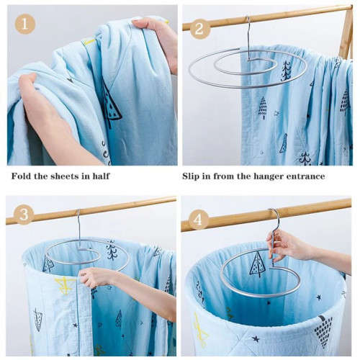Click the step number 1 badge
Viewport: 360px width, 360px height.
point(25,24)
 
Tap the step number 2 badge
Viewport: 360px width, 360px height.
point(200,28)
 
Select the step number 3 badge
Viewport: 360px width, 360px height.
point(24,215)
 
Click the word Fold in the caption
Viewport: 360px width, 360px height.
point(22,176)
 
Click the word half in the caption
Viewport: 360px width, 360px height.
point(99,176)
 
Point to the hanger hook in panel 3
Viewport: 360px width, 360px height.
point(78,223)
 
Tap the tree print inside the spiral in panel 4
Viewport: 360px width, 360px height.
point(257,264)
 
